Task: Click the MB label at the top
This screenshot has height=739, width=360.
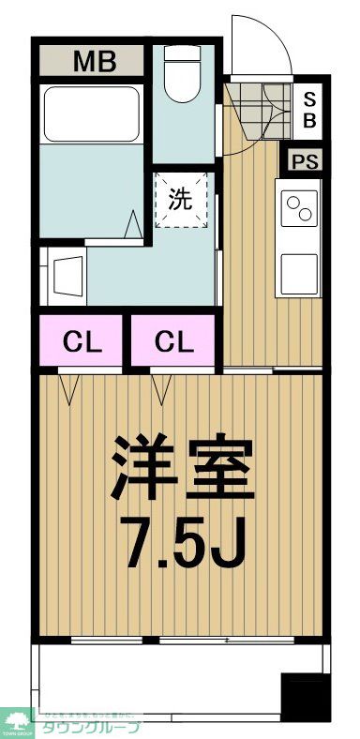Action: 94,63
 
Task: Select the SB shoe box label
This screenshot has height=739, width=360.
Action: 308,111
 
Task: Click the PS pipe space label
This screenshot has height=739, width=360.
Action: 305,160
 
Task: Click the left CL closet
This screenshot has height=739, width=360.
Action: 81,342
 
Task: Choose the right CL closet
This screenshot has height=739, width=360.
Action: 174,342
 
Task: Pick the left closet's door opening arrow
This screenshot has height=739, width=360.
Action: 68,387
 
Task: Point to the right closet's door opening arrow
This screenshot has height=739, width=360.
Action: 159,387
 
